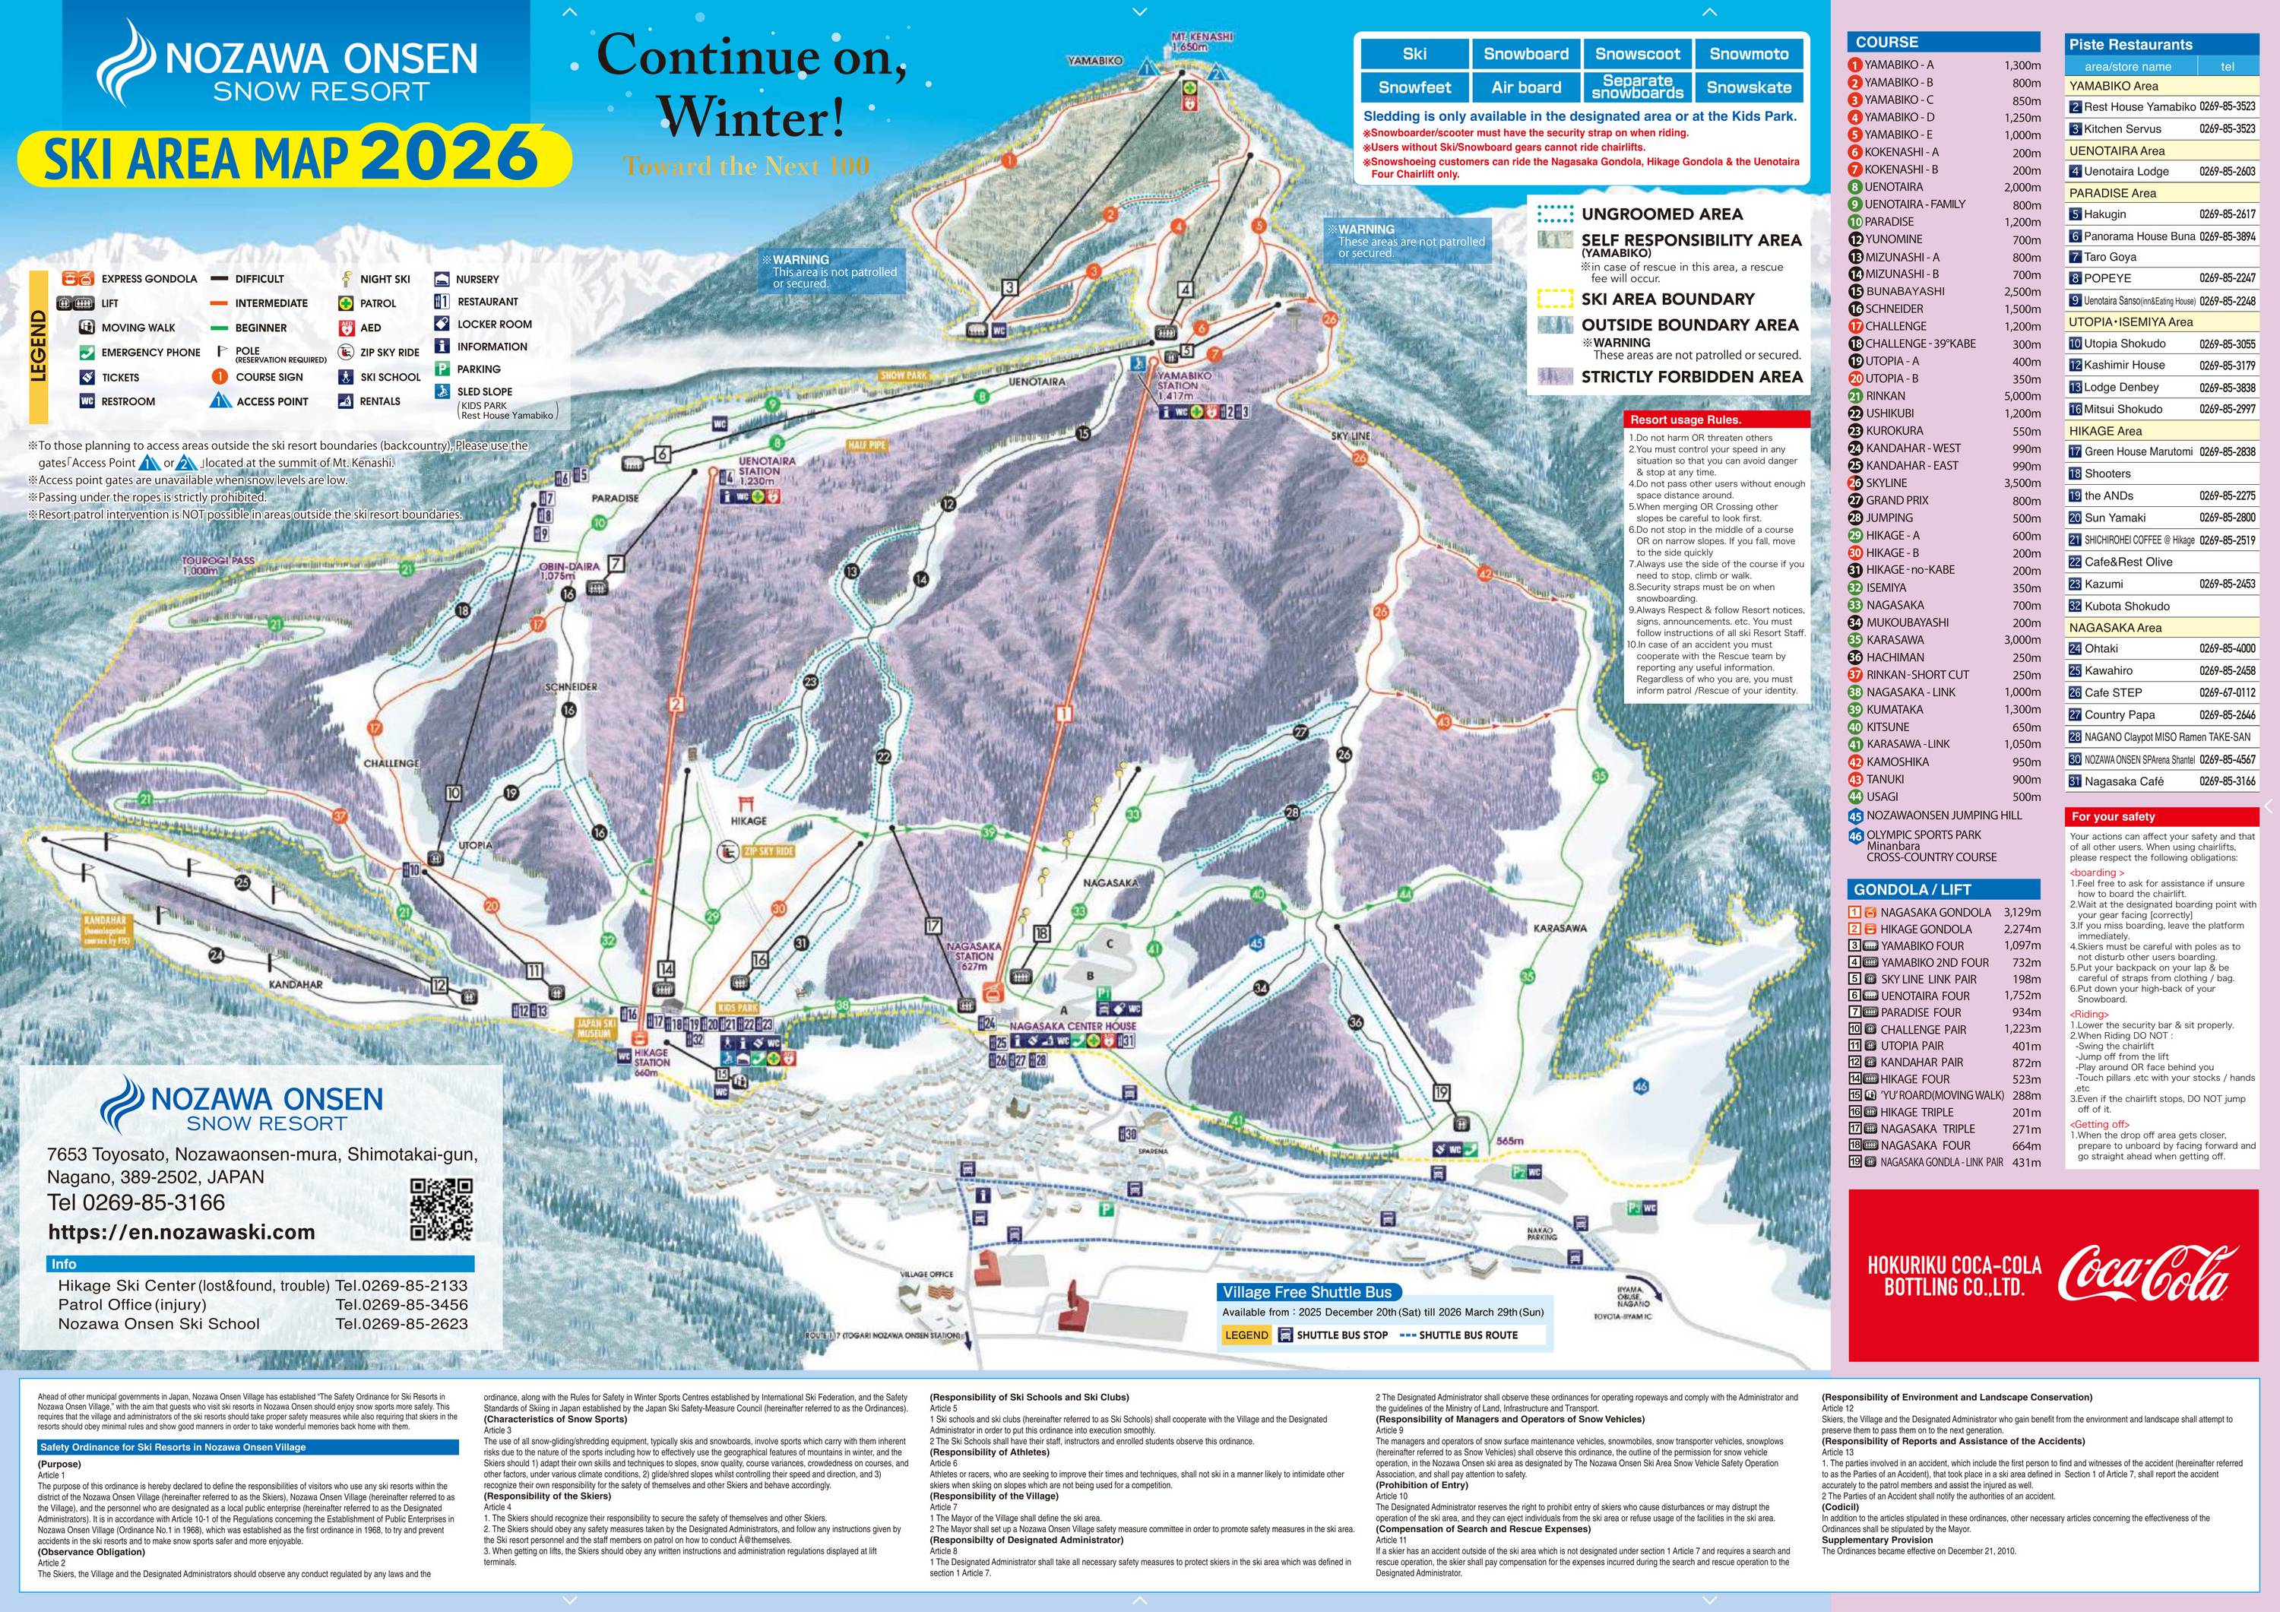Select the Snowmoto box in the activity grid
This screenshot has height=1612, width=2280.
1749,55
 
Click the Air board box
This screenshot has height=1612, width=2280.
1525,87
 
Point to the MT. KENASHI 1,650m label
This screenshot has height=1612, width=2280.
1201,41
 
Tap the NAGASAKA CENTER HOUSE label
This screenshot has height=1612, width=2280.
1072,1026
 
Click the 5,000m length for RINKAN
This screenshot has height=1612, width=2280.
2022,396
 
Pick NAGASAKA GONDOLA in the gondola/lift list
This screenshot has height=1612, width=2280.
1936,912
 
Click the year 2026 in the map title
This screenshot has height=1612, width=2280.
449,154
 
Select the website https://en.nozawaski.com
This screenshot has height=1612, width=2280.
181,1231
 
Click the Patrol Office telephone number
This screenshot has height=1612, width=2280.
401,1304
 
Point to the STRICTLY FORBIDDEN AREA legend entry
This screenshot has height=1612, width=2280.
1691,376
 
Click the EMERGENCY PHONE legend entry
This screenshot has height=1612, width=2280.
150,353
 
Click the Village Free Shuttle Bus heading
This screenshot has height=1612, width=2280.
1307,1292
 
